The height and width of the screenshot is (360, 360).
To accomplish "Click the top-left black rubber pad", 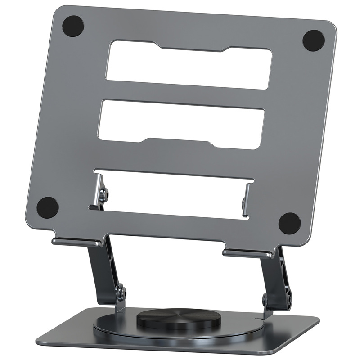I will [73, 26].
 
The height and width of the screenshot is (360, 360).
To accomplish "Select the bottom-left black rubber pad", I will [48, 207].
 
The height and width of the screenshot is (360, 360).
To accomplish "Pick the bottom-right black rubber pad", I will [289, 223].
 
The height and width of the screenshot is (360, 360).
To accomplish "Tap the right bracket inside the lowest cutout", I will [247, 201].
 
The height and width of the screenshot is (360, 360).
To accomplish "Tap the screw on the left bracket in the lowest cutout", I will [105, 194].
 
